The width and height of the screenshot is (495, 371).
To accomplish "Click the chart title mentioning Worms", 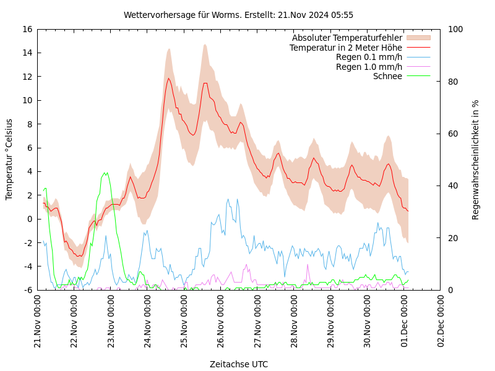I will pos(238,15).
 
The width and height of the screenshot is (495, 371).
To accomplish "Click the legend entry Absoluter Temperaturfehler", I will pos(346,38).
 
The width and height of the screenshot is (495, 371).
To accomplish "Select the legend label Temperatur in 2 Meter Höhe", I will pos(345,48).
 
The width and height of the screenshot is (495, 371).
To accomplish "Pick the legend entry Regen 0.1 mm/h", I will pos(369,57).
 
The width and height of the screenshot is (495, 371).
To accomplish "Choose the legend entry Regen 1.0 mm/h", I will pos(369,67).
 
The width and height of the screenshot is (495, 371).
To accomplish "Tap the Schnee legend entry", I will pos(387,76).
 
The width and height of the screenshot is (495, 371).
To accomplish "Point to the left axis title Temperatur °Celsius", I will pos(9,159).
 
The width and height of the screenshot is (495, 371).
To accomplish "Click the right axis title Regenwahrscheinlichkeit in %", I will pos(476,159).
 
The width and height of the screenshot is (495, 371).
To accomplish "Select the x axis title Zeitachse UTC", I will pos(238,364).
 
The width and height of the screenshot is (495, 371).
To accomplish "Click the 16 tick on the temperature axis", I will pos(27,29).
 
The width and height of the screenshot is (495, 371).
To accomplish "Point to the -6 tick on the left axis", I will pos(28,290).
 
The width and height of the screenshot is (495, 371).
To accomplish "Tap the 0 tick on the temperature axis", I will pos(30,219).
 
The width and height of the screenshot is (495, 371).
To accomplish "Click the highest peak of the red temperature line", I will pos(168,78).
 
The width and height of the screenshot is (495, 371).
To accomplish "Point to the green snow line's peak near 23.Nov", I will pos(106,173).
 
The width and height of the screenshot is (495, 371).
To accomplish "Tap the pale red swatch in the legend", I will pos(418,38).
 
